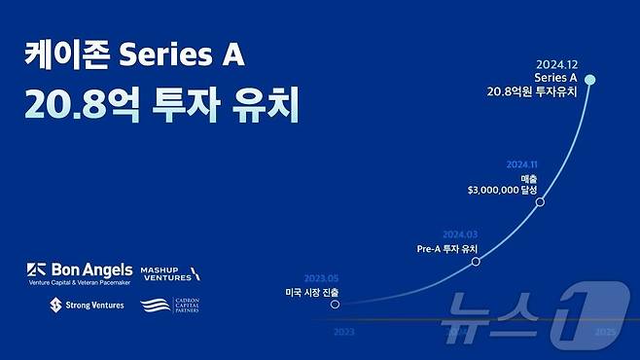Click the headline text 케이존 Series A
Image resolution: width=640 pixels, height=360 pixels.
click(133, 57)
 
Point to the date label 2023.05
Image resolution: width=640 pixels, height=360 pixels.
click(321, 277)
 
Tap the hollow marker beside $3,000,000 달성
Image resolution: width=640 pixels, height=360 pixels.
click(540, 201)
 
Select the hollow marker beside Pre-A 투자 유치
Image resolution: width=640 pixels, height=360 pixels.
click(476, 261)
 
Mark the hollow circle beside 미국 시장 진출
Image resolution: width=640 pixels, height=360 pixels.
click(336, 304)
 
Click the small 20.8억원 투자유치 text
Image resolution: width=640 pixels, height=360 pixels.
click(533, 91)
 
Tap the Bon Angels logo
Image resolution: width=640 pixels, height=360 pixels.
click(75, 272)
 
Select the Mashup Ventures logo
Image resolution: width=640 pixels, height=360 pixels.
click(171, 273)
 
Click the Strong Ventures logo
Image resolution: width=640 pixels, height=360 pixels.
click(85, 306)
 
